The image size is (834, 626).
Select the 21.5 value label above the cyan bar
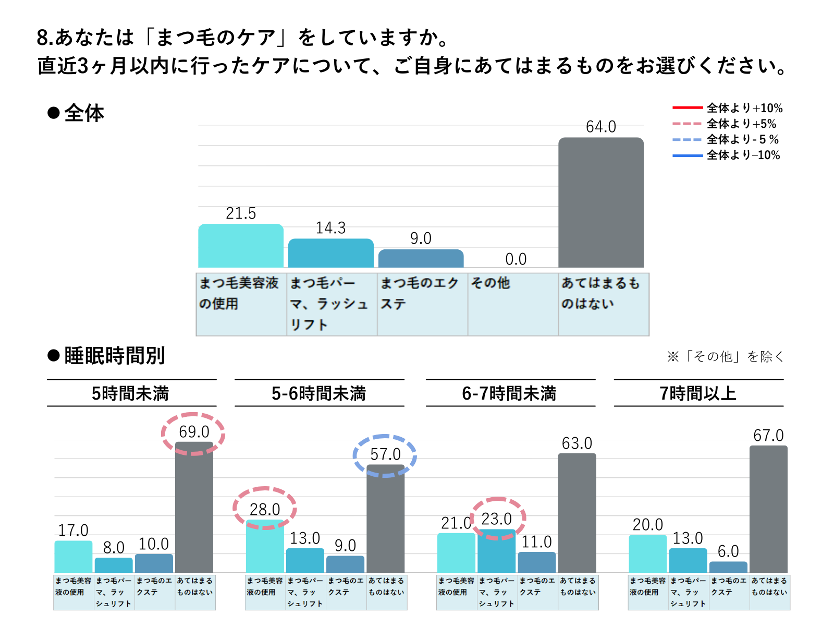pos(241,213)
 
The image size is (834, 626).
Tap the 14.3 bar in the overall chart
pos(330,253)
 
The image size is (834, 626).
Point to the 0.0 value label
pos(516,259)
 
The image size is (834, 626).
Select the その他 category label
pos(490,283)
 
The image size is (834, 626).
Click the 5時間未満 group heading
pos(130,393)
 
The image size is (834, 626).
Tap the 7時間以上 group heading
pos(698,393)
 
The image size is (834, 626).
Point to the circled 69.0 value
pos(194,432)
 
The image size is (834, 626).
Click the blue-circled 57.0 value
pos(385,454)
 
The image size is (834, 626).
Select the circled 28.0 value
pos(265,509)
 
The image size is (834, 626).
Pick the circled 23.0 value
pos(497,519)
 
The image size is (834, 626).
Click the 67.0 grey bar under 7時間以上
pos(768,509)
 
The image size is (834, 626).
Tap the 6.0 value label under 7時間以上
pos(728,551)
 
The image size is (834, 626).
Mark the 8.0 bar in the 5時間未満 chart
pos(114,565)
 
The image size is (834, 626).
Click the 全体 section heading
pos(83,113)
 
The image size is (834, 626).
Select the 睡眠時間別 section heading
pos(114,356)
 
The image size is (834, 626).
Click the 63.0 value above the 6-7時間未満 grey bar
pos(577,443)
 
